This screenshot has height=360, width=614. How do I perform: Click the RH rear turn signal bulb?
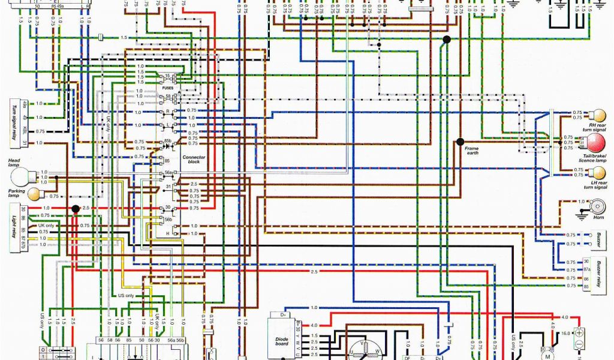tap(598, 115)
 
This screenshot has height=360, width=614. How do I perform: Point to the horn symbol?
tap(598, 207)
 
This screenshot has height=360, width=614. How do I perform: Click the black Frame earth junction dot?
tap(460, 142)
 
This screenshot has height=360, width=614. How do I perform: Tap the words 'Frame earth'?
tap(472, 151)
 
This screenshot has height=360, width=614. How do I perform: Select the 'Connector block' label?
tap(194, 159)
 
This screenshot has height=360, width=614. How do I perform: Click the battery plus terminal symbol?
tap(579, 332)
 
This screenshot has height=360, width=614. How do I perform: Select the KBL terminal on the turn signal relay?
tap(25, 131)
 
